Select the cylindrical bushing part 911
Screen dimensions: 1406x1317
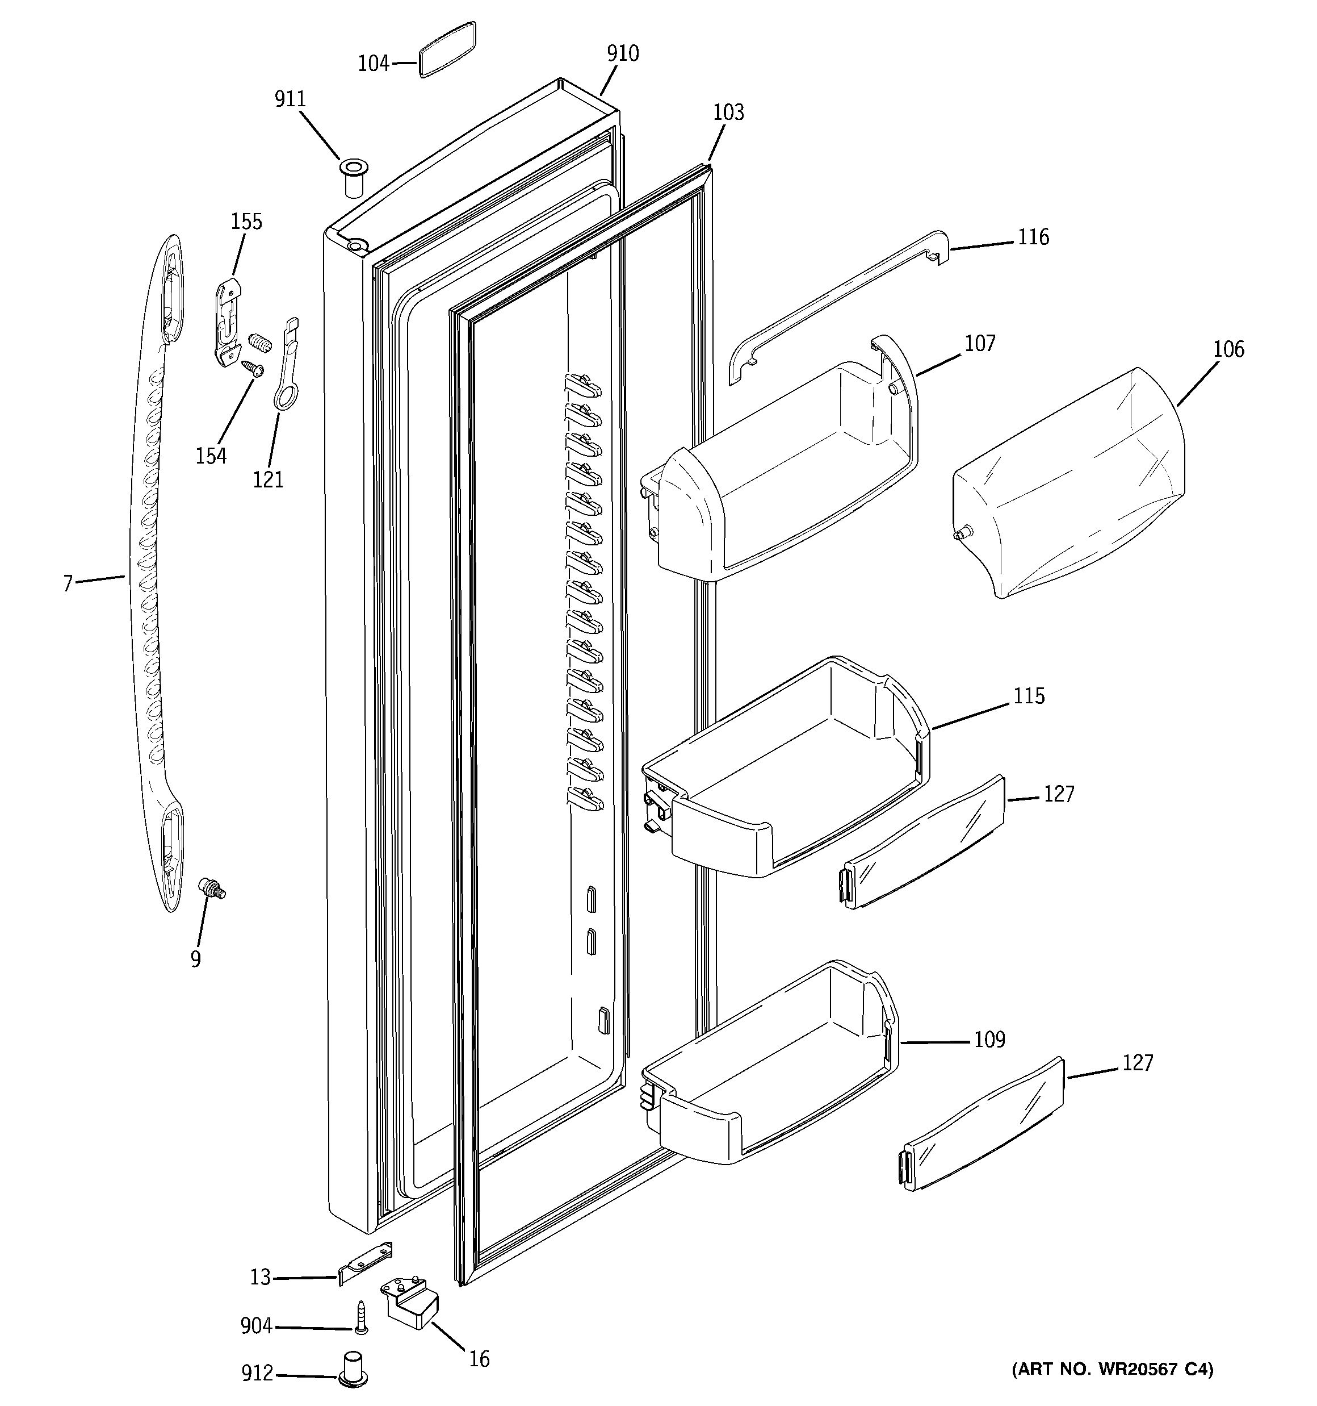tap(352, 178)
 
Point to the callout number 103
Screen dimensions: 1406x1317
tap(728, 112)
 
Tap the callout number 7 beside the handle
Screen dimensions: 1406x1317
tap(68, 584)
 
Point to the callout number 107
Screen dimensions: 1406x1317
tap(980, 344)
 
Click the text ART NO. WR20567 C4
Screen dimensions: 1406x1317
tap(1113, 1369)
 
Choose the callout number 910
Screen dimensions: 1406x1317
tap(622, 54)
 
